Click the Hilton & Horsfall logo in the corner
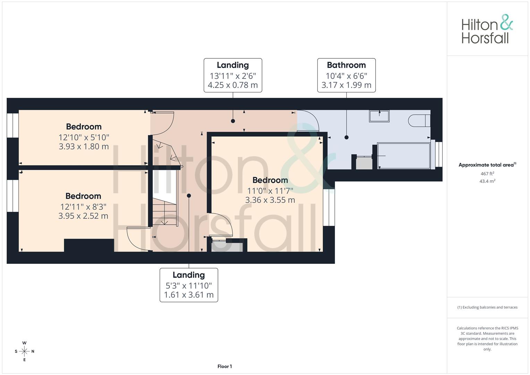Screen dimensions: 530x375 point(487,29)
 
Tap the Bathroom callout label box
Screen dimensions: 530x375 point(346,75)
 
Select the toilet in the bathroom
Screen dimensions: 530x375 point(419,121)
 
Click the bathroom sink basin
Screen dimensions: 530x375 point(379,116)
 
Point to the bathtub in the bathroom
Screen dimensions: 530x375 point(403,156)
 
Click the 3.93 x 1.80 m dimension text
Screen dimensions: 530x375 point(84,147)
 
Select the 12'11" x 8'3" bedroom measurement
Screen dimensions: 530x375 point(83,207)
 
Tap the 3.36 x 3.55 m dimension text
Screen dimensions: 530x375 point(270,200)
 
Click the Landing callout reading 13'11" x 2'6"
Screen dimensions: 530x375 point(233,75)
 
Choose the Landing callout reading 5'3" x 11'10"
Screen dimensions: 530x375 point(189,285)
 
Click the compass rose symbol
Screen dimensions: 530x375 point(24,351)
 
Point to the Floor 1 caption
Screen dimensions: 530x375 point(225,366)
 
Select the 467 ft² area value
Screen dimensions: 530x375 point(487,174)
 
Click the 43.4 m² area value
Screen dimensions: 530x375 point(487,181)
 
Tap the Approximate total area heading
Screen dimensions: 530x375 point(487,165)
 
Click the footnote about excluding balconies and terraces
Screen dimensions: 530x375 point(487,307)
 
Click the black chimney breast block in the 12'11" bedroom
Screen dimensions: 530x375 point(89,245)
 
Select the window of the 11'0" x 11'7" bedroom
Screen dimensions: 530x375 point(329,207)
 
